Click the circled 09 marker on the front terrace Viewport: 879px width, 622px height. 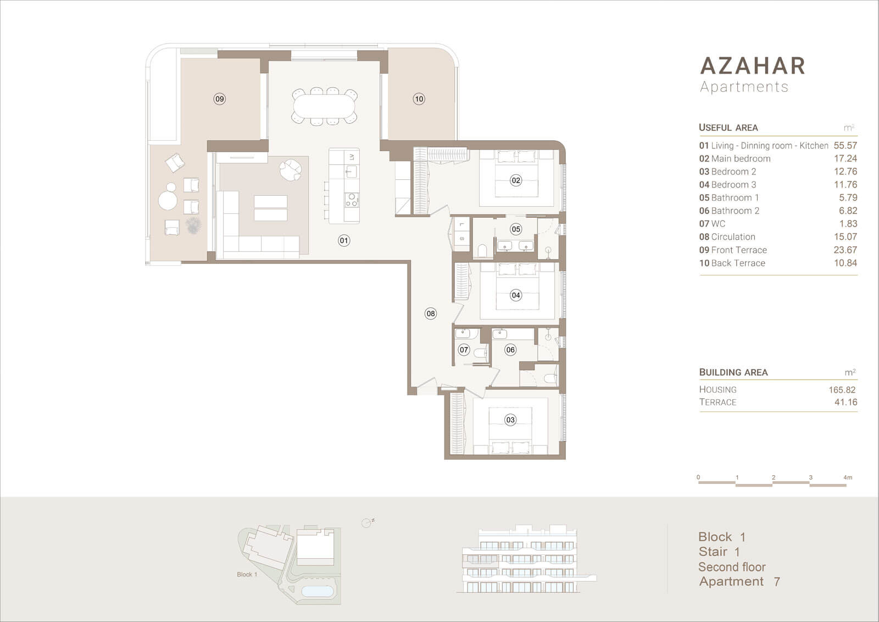219,99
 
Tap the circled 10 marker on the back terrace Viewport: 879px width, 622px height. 419,99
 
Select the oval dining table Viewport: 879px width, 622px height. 325,107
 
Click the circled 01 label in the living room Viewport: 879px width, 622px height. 344,240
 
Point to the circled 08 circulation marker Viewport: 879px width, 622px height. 431,313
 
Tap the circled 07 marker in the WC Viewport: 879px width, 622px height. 464,350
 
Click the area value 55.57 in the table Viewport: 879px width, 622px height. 845,145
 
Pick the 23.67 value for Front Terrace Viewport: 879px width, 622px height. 845,250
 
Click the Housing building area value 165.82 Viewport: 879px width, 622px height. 842,390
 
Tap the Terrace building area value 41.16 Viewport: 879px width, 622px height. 845,402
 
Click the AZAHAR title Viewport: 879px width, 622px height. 753,65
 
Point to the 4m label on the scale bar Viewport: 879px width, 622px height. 848,477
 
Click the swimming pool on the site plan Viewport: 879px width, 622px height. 317,591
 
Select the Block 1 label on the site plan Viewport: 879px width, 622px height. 247,575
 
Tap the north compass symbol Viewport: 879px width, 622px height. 368,522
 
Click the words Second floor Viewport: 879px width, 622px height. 732,567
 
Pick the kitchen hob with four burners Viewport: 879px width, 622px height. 352,200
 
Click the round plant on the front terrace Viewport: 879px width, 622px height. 193,225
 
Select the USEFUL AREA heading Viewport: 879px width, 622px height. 728,128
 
